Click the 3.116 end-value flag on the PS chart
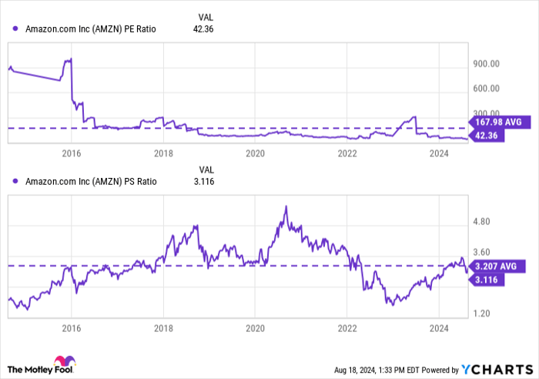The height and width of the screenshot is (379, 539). [488, 279]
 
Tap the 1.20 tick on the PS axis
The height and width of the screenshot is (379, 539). [485, 314]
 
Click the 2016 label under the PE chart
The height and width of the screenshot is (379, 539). [71, 153]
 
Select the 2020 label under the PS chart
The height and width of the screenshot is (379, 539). [256, 329]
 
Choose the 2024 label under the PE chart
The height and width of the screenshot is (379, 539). [438, 153]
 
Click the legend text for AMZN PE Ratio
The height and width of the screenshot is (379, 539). [91, 29]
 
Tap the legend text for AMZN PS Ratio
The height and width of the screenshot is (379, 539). [91, 182]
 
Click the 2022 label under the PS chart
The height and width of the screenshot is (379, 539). [347, 329]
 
